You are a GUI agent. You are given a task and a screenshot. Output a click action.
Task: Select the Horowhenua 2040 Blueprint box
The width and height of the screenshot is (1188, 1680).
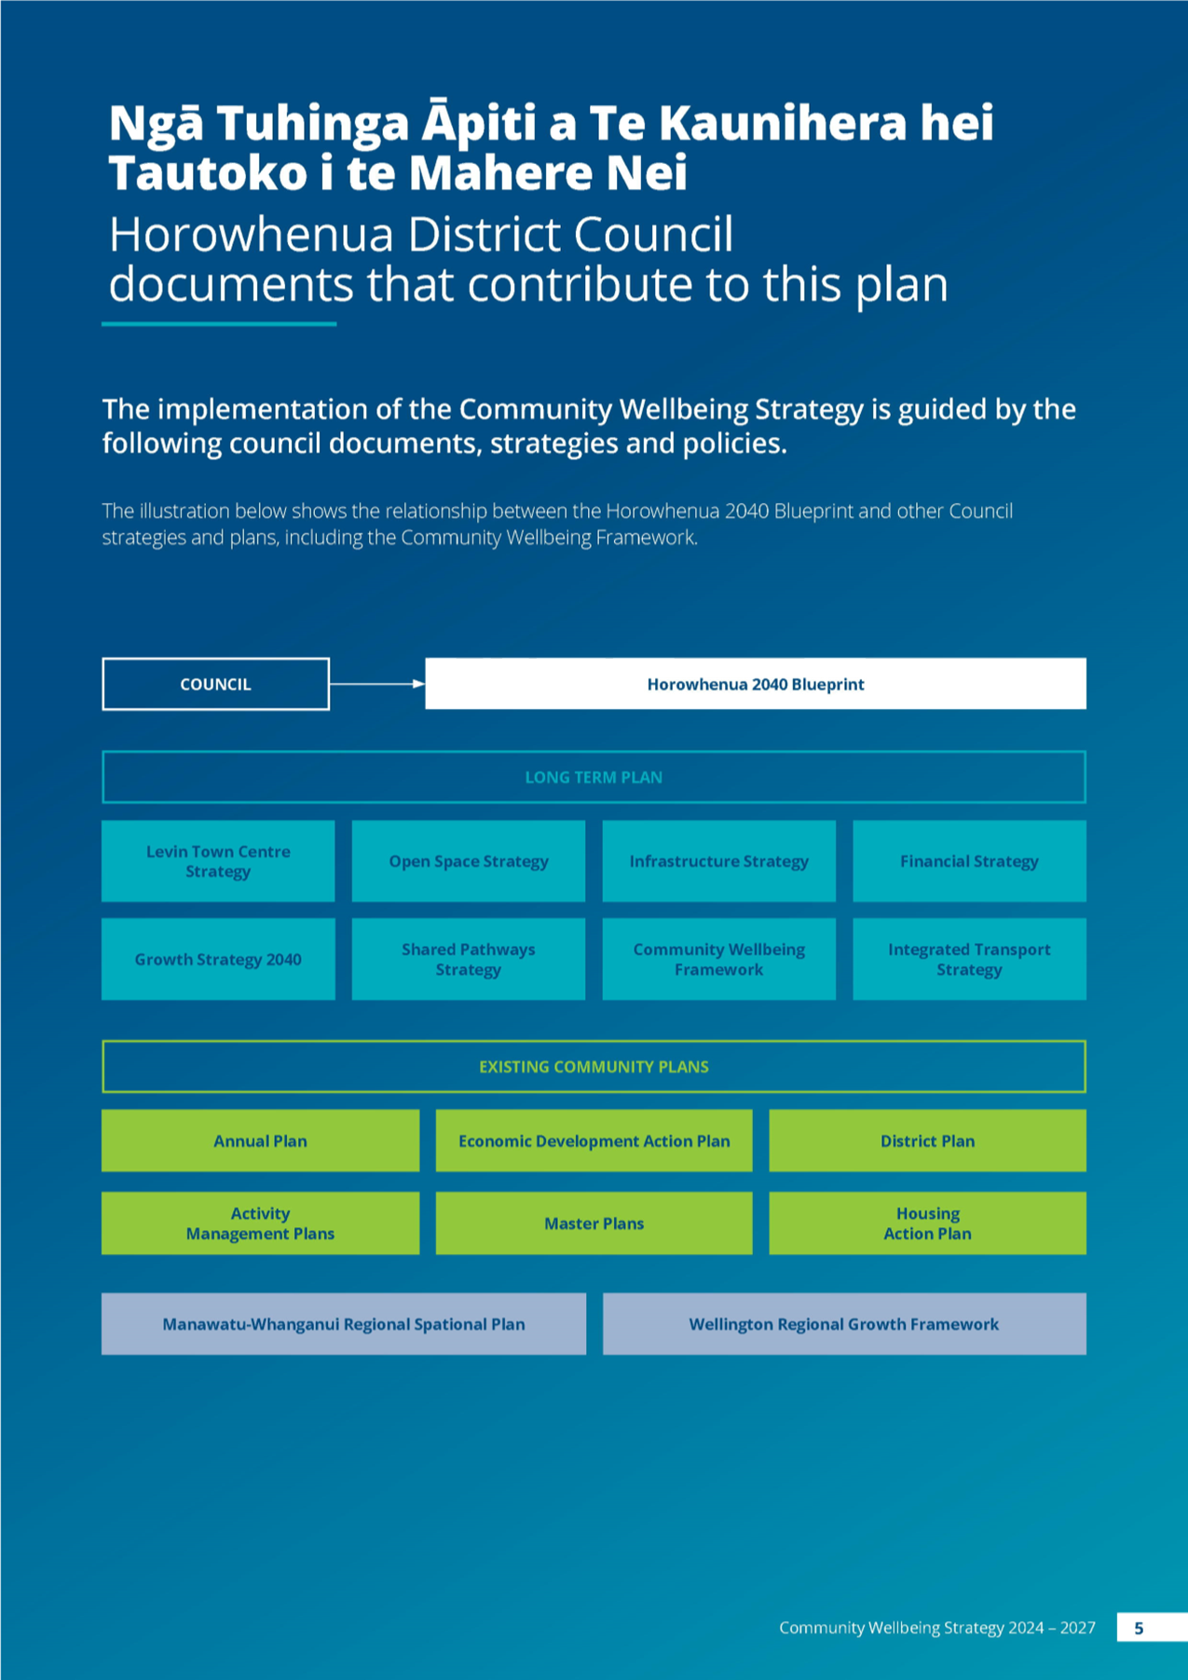coord(756,684)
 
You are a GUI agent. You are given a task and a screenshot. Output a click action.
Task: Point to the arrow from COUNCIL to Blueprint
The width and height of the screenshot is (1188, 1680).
coord(377,684)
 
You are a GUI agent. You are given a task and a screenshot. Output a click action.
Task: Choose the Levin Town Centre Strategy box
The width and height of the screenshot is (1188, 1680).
coord(218,861)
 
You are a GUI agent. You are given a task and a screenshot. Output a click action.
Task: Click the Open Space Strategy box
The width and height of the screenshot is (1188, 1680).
coord(469,861)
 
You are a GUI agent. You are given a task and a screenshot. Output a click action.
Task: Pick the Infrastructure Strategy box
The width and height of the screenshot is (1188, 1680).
coord(719,861)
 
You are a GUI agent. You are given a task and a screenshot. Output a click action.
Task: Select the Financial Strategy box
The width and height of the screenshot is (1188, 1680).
coord(969,861)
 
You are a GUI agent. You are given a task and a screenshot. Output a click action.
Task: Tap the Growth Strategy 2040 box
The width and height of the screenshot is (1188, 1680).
coord(218,959)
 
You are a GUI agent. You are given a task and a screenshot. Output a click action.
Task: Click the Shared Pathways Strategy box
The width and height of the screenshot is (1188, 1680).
coord(469,959)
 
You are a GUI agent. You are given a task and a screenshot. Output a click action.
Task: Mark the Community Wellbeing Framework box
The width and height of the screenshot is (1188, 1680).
coord(719,959)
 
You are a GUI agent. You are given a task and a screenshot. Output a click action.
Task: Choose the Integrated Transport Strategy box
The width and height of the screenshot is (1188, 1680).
coord(969,959)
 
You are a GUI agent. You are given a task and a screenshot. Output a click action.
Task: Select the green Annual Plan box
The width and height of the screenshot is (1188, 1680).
coord(260,1140)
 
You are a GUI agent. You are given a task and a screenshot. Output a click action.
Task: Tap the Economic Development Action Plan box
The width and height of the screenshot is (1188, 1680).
coord(594,1140)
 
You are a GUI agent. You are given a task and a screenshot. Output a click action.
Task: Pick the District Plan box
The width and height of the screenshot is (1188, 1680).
coord(927,1140)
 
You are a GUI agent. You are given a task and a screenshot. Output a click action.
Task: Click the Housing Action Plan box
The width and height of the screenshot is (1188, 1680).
coord(927,1223)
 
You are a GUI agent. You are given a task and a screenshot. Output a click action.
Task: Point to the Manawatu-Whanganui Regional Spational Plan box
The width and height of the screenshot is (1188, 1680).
coord(344,1324)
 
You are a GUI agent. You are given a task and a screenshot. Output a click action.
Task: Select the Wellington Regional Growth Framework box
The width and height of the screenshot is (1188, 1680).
coord(844,1324)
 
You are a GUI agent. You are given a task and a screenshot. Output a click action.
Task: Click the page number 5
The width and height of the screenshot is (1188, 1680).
coord(1139,1628)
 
